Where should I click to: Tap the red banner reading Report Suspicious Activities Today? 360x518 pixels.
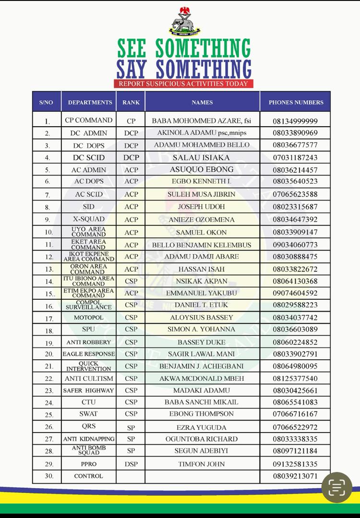point(184,83)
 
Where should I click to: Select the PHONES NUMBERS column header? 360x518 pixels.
point(296,102)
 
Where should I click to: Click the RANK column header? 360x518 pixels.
point(131,102)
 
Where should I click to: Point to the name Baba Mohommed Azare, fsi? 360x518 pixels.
point(202,120)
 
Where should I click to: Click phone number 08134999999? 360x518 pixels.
point(295,121)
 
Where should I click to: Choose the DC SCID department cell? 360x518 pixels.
point(89,157)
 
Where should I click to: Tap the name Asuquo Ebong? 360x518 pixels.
point(202,169)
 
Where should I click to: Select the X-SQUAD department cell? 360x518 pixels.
point(89,219)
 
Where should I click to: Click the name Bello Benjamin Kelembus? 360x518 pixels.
point(202,245)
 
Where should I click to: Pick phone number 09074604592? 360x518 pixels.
point(295,293)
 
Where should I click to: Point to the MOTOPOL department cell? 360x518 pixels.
point(89,318)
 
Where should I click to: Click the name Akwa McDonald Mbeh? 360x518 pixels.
point(202,378)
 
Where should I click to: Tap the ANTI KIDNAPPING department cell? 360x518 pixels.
point(89,439)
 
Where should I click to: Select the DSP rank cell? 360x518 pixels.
point(131,464)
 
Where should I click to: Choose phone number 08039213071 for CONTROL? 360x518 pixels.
point(295,476)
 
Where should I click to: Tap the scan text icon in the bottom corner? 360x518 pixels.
point(337,488)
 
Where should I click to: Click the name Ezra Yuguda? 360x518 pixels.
point(202,427)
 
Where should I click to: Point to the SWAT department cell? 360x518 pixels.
point(89,414)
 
